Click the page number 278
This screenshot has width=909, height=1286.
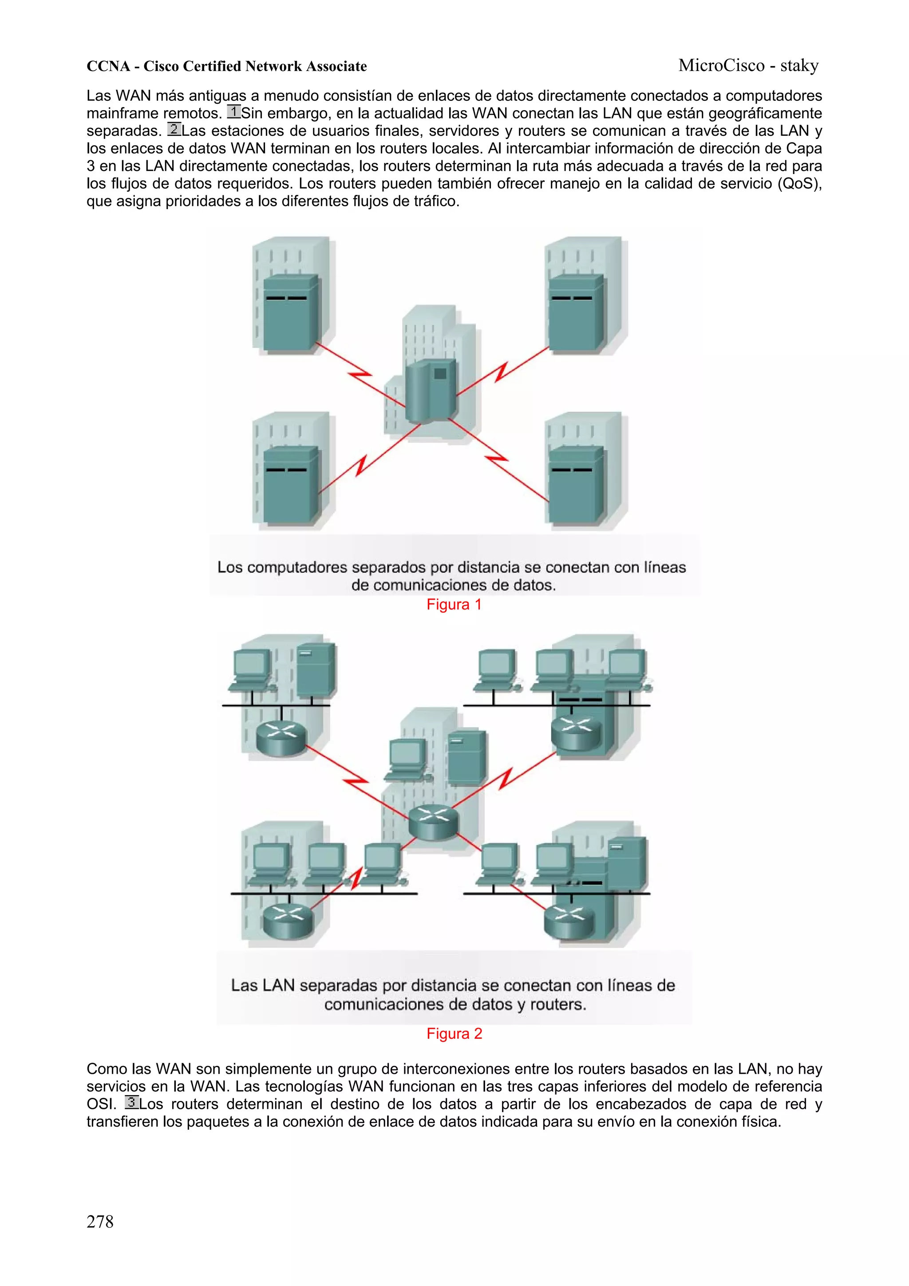[x=100, y=1221]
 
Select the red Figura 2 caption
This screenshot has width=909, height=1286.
[x=454, y=1033]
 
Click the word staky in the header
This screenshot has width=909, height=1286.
[x=799, y=66]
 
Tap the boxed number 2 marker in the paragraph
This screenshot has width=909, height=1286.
[x=174, y=130]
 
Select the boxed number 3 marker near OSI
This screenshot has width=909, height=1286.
[x=132, y=1103]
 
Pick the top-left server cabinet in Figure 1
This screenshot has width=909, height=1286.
[x=291, y=312]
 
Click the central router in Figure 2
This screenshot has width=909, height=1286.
[x=433, y=822]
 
